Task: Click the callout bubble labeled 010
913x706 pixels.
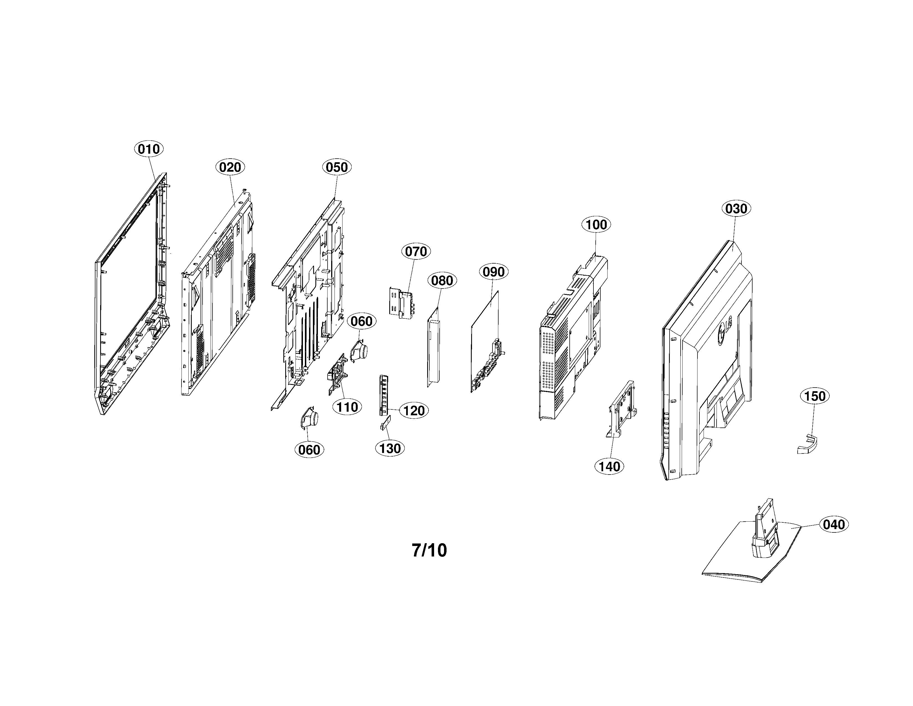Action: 149,149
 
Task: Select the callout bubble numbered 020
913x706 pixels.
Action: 230,167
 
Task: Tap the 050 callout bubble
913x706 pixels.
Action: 336,167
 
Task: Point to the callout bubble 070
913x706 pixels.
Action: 416,251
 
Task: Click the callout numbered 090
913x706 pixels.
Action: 493,272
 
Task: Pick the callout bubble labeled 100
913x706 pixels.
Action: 596,225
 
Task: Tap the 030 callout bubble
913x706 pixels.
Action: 736,208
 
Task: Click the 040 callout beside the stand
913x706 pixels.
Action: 834,524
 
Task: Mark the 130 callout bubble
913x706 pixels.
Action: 390,448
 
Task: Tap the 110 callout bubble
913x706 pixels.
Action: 347,407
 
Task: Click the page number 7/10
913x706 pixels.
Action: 429,550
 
